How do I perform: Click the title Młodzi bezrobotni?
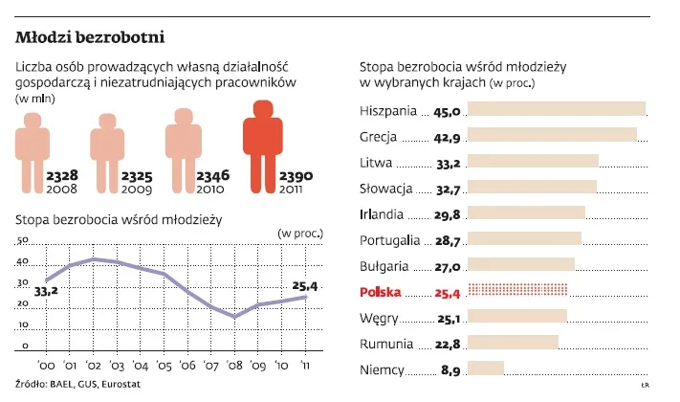pos(92,38)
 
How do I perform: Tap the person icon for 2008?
pos(31,152)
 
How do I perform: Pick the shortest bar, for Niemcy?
pos(487,368)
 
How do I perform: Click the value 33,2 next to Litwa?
pos(449,164)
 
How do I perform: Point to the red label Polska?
pos(382,290)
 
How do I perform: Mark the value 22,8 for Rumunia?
pos(449,344)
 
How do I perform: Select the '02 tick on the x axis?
pos(94,367)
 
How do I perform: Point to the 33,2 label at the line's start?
pos(46,290)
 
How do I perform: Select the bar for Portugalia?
pos(526,238)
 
